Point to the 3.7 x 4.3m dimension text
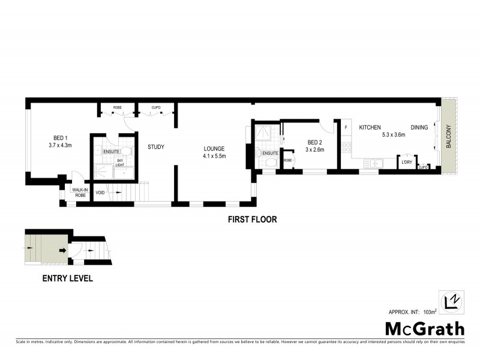(60, 145)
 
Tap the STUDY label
(156, 147)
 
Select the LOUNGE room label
(214, 148)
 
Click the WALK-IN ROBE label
(80, 193)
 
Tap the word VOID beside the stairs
(100, 193)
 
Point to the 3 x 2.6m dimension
(315, 150)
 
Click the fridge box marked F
(346, 127)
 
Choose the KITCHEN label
(370, 127)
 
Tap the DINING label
(419, 127)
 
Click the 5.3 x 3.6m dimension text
(394, 135)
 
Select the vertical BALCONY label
(448, 140)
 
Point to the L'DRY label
(406, 161)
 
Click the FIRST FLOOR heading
(252, 220)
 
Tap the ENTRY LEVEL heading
(67, 278)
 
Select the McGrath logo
(424, 328)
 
